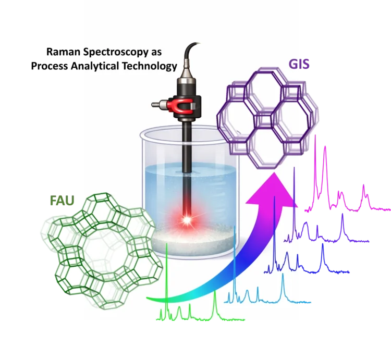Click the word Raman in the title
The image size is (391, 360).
[64, 52]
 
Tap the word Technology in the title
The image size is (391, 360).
[150, 67]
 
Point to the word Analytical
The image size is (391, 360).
[94, 67]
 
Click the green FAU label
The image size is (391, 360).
[62, 201]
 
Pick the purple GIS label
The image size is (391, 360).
[299, 64]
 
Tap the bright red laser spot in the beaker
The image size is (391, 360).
[187, 219]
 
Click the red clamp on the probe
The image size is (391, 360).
[180, 105]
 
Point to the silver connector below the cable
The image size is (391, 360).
[187, 70]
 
